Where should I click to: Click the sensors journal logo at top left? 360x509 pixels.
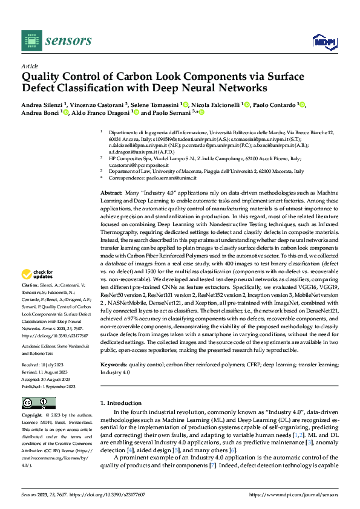pyautogui.click(x=56, y=41)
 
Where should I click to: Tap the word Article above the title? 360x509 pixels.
pyautogui.click(x=30, y=66)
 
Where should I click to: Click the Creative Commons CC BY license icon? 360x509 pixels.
pyautogui.click(x=35, y=403)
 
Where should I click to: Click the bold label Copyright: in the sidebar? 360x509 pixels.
pyautogui.click(x=33, y=416)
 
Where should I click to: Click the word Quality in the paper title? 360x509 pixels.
pyautogui.click(x=40, y=77)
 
